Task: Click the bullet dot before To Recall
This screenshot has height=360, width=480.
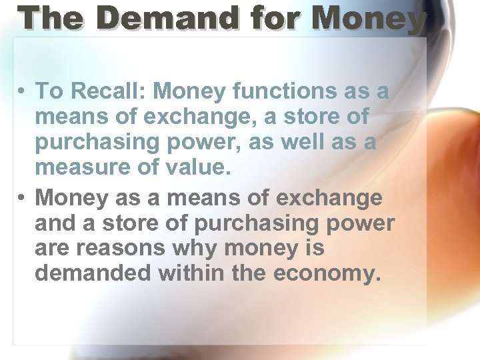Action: (22, 91)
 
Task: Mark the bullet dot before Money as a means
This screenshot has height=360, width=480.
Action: (22, 199)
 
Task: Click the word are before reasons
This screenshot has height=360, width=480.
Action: (53, 249)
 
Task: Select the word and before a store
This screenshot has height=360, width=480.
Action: (54, 224)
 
